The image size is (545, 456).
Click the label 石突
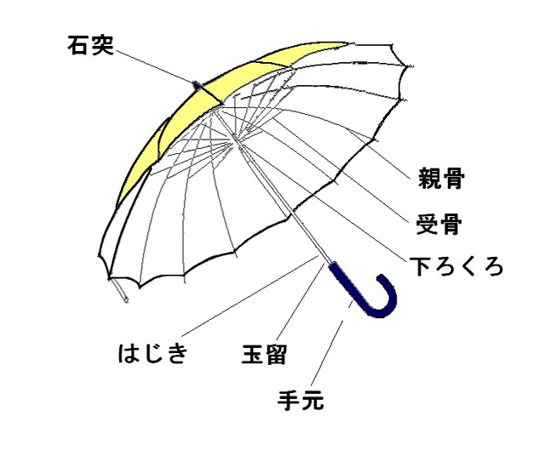pos(91,45)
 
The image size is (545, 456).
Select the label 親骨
pos(441,178)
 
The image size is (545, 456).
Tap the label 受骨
pos(439,225)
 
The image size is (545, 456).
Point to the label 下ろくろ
pos(456,266)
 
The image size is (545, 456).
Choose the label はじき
pos(153,353)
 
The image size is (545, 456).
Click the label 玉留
pos(264,355)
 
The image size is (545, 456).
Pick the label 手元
pos(301,400)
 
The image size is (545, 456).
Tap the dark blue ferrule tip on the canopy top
pos(198,85)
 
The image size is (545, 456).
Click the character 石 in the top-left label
pos(78,45)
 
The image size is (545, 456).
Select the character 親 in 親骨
pos(429,178)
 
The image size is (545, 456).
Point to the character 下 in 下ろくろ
pos(422,266)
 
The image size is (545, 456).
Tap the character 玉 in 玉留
pos(253,355)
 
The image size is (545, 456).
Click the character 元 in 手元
pos(313,400)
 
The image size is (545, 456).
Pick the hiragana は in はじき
pos(129,353)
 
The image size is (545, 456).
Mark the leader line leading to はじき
pos(250,295)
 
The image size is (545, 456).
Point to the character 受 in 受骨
pos(427,225)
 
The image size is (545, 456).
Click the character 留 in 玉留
pos(276,355)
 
